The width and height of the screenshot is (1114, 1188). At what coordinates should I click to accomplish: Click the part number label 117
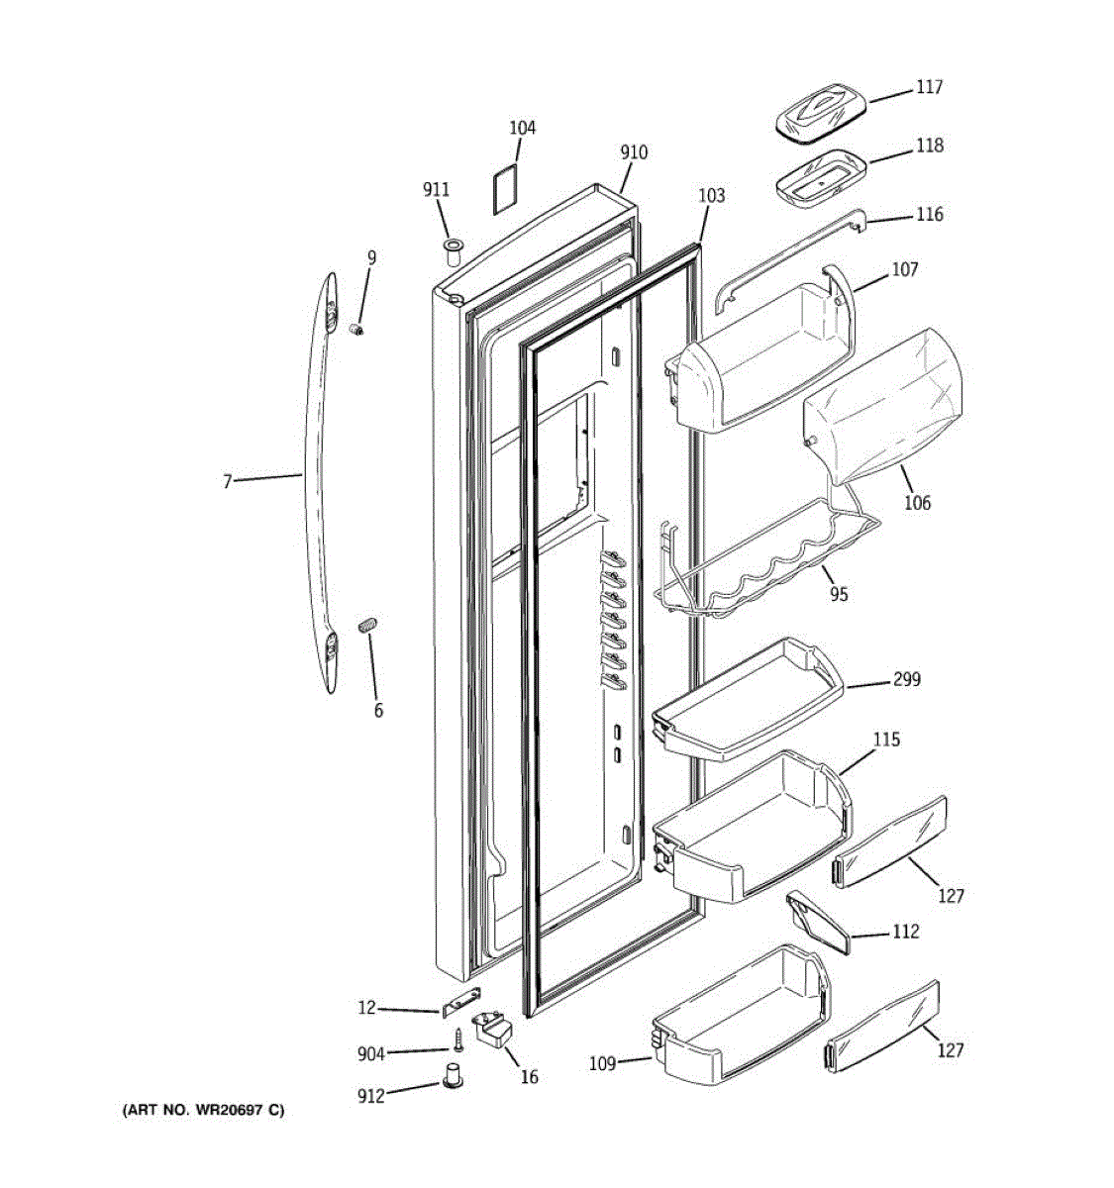click(x=928, y=88)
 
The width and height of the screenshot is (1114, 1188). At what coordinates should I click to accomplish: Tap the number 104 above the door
click(x=522, y=128)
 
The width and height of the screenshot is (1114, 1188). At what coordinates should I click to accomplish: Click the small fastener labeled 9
click(x=358, y=329)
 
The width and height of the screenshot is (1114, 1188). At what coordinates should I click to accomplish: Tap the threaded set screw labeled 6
click(x=368, y=626)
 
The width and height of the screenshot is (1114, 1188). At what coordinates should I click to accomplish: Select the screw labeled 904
click(x=458, y=1039)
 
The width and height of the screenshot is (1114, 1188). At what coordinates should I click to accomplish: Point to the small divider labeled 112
click(x=818, y=922)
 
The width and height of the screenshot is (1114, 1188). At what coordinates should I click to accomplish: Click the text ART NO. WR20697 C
click(x=202, y=1110)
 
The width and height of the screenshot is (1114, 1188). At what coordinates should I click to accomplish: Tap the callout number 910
click(x=634, y=152)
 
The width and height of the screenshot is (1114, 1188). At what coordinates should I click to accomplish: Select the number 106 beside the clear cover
click(x=917, y=503)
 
